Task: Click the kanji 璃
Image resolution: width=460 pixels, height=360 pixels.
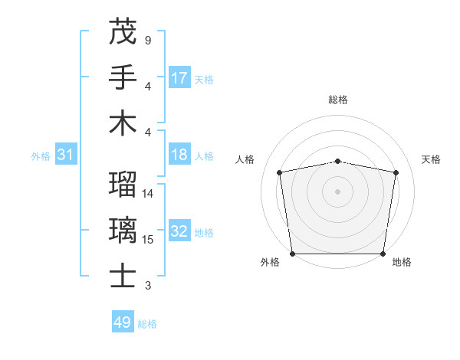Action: tap(123, 231)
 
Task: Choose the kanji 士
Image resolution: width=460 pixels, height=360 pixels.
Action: tap(123, 276)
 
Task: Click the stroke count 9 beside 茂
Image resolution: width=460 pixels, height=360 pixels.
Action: tap(147, 40)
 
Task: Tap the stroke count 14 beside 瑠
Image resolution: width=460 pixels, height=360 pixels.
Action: tap(148, 194)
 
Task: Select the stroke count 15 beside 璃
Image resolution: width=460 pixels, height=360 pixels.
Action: tap(148, 240)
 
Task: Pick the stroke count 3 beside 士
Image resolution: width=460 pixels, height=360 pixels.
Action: tap(147, 286)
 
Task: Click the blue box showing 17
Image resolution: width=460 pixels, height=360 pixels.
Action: tap(179, 77)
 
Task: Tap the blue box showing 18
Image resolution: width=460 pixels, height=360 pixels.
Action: tap(179, 155)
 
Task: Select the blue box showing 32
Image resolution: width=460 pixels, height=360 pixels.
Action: tap(179, 231)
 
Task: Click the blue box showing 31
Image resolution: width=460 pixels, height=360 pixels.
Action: tap(66, 155)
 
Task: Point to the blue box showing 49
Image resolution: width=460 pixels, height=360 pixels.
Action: tap(123, 322)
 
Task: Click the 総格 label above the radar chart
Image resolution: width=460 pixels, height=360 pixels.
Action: tap(338, 100)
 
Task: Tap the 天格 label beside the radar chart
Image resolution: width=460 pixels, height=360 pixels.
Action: tap(431, 159)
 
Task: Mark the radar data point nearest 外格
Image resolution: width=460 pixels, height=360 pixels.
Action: tap(292, 254)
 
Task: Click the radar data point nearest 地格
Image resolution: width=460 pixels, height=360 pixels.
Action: tap(383, 254)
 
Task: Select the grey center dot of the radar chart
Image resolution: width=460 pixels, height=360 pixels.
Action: tap(338, 191)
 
